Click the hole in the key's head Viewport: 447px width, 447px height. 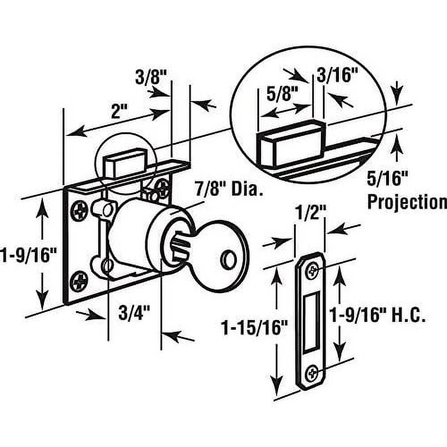point(229,261)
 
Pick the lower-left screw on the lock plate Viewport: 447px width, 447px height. point(80,282)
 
